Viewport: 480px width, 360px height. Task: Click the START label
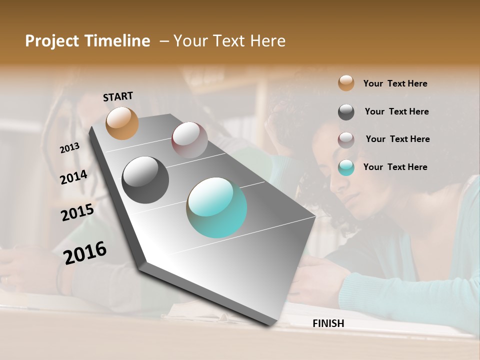(x=118, y=96)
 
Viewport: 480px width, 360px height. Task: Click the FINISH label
(x=328, y=323)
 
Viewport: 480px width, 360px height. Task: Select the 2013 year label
(x=69, y=148)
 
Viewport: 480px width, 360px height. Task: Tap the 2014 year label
(x=73, y=177)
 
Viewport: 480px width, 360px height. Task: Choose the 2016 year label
(x=85, y=252)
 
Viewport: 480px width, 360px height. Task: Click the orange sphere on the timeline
(x=122, y=123)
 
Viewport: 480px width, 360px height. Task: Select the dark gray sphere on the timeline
(x=145, y=179)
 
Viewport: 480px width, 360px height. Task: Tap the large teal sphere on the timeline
(x=216, y=207)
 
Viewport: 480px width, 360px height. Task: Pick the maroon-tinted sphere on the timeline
(x=189, y=139)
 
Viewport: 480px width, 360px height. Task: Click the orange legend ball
(x=346, y=83)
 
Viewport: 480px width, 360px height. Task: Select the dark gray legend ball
(x=346, y=112)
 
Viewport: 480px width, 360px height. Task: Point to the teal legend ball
(x=346, y=167)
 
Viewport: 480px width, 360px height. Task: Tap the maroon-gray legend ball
(x=346, y=140)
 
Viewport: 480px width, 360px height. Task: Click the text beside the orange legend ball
(x=395, y=83)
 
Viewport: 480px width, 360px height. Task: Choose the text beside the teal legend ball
(x=395, y=167)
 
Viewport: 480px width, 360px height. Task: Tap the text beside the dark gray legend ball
(x=396, y=111)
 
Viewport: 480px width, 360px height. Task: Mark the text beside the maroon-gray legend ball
(x=397, y=139)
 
